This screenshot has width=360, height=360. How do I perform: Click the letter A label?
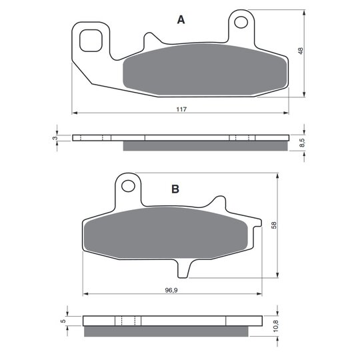click(181, 20)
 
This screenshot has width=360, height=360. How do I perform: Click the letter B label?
click(175, 189)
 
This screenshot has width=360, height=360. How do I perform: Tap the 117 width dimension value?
click(181, 109)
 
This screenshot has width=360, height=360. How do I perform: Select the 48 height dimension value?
click(301, 51)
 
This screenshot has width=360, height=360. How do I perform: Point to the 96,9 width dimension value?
click(171, 290)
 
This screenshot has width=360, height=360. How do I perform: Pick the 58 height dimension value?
click(274, 225)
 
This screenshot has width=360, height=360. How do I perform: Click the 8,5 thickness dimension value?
click(302, 143)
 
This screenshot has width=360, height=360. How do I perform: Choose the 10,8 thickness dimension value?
click(275, 326)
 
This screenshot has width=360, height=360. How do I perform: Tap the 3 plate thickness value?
click(55, 138)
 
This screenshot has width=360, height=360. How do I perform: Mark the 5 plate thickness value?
click(63, 321)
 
